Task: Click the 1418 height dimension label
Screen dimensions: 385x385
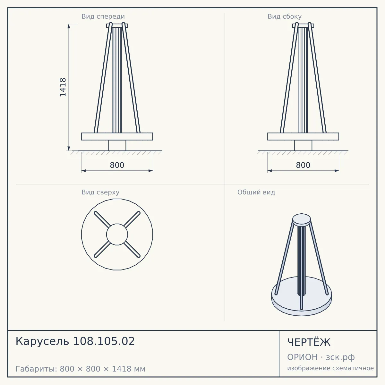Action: [63, 87]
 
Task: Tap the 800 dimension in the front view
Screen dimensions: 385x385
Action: [117, 165]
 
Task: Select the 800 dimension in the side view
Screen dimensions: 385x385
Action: [303, 165]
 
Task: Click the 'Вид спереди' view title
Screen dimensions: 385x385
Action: [103, 16]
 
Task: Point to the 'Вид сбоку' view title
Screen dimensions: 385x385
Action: [285, 16]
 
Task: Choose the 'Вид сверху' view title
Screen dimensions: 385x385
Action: [100, 192]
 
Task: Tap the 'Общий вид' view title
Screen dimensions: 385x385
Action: [256, 192]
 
